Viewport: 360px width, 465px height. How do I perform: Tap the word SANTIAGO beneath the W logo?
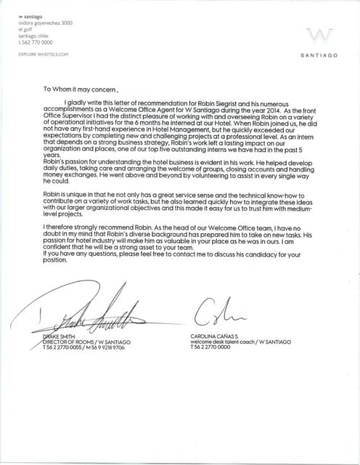(319, 55)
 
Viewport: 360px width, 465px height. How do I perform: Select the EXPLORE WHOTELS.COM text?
(43, 54)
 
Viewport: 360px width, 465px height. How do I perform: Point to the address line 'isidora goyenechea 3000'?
(46, 23)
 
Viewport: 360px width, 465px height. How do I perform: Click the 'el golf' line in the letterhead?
(26, 29)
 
